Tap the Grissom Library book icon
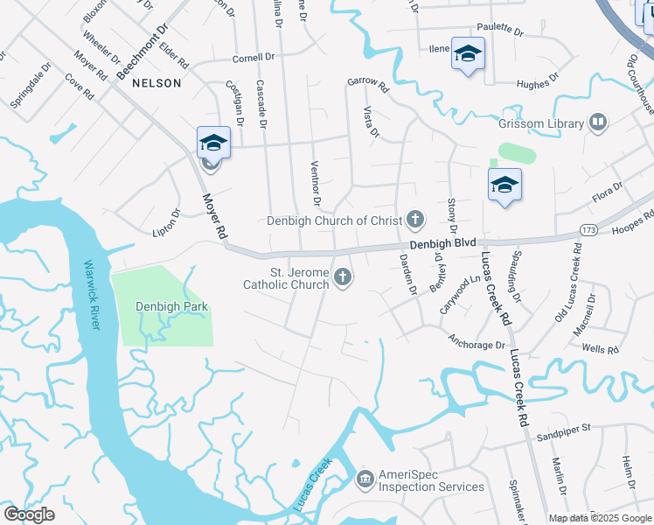[x=599, y=122]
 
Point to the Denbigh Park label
[x=163, y=306]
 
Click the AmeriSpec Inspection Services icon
[x=365, y=479]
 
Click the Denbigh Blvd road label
[x=446, y=242]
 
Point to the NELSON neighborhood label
[x=157, y=83]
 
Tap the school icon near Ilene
[x=468, y=53]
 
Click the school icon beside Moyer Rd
[x=213, y=142]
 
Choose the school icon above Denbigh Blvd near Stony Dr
[x=504, y=185]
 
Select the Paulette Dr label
[x=499, y=31]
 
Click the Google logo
[x=29, y=514]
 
